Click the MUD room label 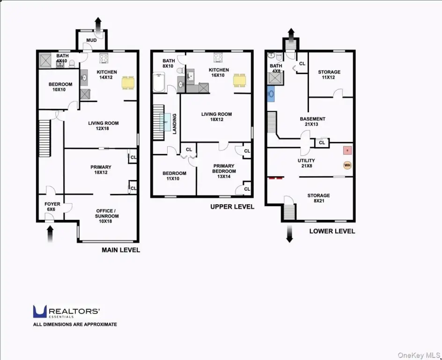pyautogui.click(x=91, y=40)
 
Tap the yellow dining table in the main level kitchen pyautogui.click(x=128, y=82)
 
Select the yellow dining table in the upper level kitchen pyautogui.click(x=240, y=80)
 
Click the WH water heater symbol pyautogui.click(x=347, y=165)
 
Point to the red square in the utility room pyautogui.click(x=347, y=150)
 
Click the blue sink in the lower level pyautogui.click(x=271, y=94)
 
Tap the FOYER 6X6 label pyautogui.click(x=52, y=207)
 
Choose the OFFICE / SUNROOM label pyautogui.click(x=107, y=216)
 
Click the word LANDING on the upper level pyautogui.click(x=175, y=124)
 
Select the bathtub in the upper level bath pyautogui.click(x=159, y=82)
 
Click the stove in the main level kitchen pyautogui.click(x=104, y=58)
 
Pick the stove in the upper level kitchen pyautogui.click(x=218, y=58)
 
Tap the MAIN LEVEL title pyautogui.click(x=121, y=250)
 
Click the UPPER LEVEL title pyautogui.click(x=232, y=207)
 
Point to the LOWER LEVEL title pyautogui.click(x=332, y=232)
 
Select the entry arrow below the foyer pyautogui.click(x=50, y=234)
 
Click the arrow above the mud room pyautogui.click(x=98, y=25)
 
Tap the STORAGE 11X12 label pyautogui.click(x=329, y=75)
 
